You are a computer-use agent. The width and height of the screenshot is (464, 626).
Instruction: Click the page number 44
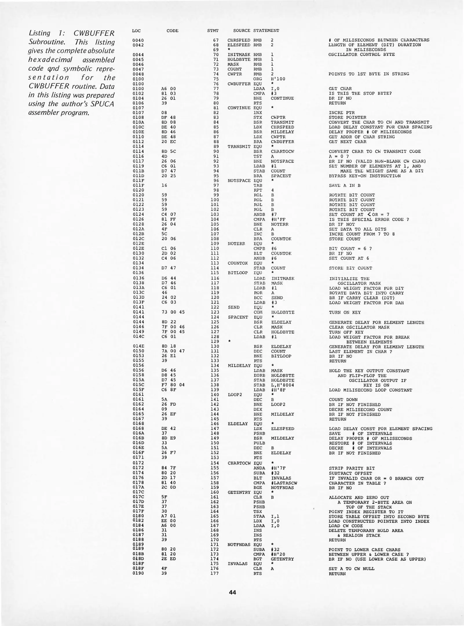[x=232, y=593]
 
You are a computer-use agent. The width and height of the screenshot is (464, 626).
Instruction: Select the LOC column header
[x=136, y=30]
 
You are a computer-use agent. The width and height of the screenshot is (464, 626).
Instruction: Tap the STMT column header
[x=213, y=30]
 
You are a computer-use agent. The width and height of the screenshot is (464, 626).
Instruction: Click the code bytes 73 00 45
[x=173, y=312]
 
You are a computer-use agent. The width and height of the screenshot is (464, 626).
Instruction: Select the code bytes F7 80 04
[x=173, y=385]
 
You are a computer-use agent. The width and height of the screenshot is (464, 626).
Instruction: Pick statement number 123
[x=215, y=312]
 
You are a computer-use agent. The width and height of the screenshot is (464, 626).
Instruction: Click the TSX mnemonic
[x=257, y=512]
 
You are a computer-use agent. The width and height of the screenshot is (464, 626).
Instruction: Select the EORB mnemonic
[x=259, y=375]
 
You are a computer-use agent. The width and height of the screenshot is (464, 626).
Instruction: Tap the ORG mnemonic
[x=257, y=79]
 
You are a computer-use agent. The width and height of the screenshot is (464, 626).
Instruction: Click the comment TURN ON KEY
[x=345, y=312]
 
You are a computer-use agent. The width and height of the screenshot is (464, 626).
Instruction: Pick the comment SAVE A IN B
[x=344, y=185]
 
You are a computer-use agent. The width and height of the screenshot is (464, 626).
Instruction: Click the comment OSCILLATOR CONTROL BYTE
[x=361, y=54]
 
